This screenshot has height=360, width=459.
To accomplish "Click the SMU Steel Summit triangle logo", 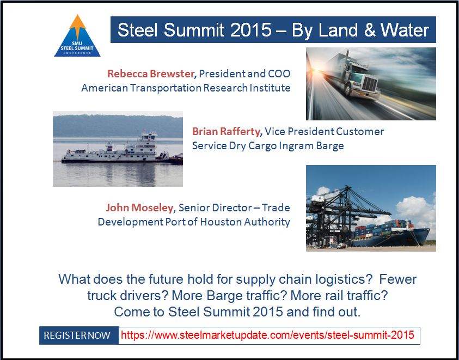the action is pos(77,36).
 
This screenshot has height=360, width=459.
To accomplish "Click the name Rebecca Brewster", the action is pos(150,74).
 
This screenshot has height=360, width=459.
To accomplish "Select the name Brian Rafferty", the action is pos(226,131).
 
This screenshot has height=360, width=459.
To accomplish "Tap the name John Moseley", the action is pos(139,208).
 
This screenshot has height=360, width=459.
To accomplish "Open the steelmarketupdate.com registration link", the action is pos(267,335).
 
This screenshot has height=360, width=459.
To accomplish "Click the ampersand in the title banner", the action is pos(370,30).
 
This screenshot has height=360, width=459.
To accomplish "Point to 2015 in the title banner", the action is pos(251,30).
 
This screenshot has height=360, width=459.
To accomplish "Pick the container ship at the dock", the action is pos(391,234).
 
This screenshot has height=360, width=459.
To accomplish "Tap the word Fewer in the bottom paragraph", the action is pos(398,279).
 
